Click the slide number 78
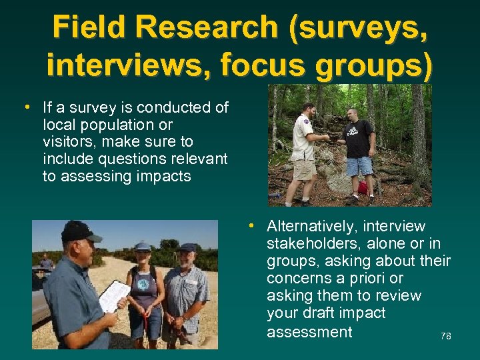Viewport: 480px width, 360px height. [446, 337]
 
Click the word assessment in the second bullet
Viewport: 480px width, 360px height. [309, 331]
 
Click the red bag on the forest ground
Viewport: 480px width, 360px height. [363, 187]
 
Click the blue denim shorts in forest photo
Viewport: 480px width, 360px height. [360, 165]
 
